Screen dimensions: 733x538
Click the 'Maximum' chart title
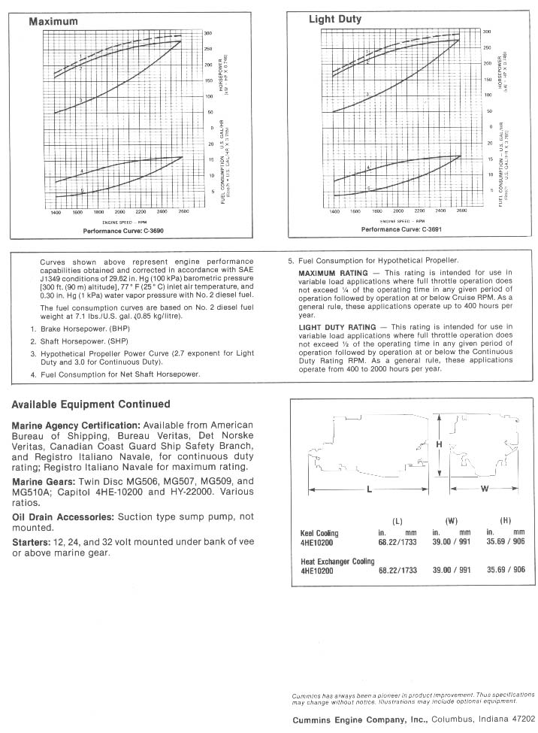53,22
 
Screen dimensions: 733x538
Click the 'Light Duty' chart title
335,19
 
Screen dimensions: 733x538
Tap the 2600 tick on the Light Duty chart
461,212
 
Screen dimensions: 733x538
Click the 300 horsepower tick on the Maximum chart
208,33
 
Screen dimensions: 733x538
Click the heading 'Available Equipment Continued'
91,404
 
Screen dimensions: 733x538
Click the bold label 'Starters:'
31,542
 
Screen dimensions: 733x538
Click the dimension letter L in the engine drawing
369,489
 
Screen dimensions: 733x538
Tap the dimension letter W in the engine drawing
485,489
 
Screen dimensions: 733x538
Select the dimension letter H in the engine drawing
438,444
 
